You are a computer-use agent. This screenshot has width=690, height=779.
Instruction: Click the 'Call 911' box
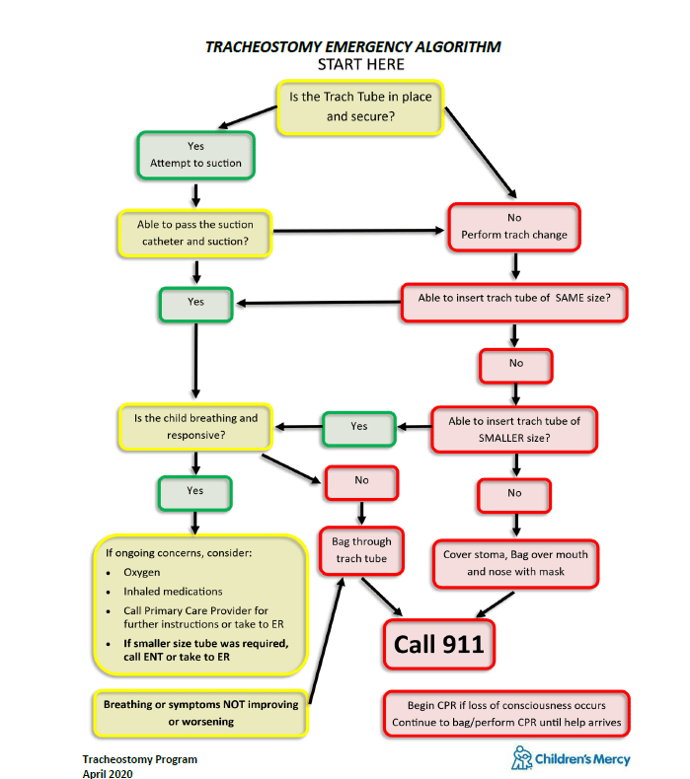tap(439, 644)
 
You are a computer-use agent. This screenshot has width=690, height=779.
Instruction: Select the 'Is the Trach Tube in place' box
tap(359, 106)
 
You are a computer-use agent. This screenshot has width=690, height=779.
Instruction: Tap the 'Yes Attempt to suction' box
tap(194, 155)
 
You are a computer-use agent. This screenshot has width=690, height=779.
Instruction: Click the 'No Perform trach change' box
tap(513, 226)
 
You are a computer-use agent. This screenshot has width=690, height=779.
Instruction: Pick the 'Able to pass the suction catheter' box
tap(193, 233)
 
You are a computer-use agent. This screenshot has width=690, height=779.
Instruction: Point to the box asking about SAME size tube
tap(513, 303)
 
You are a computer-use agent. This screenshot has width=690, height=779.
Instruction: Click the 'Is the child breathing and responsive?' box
tap(193, 426)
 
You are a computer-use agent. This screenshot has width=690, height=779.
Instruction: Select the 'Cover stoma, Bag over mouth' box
tap(513, 563)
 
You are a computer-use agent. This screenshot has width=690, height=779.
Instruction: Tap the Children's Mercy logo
tap(571, 758)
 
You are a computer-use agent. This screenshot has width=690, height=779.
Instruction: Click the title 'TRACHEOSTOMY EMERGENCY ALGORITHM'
tap(352, 46)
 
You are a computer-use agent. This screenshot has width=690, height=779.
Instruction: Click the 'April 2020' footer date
tap(107, 773)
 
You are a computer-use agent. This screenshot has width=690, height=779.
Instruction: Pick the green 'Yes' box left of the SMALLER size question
tap(358, 426)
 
